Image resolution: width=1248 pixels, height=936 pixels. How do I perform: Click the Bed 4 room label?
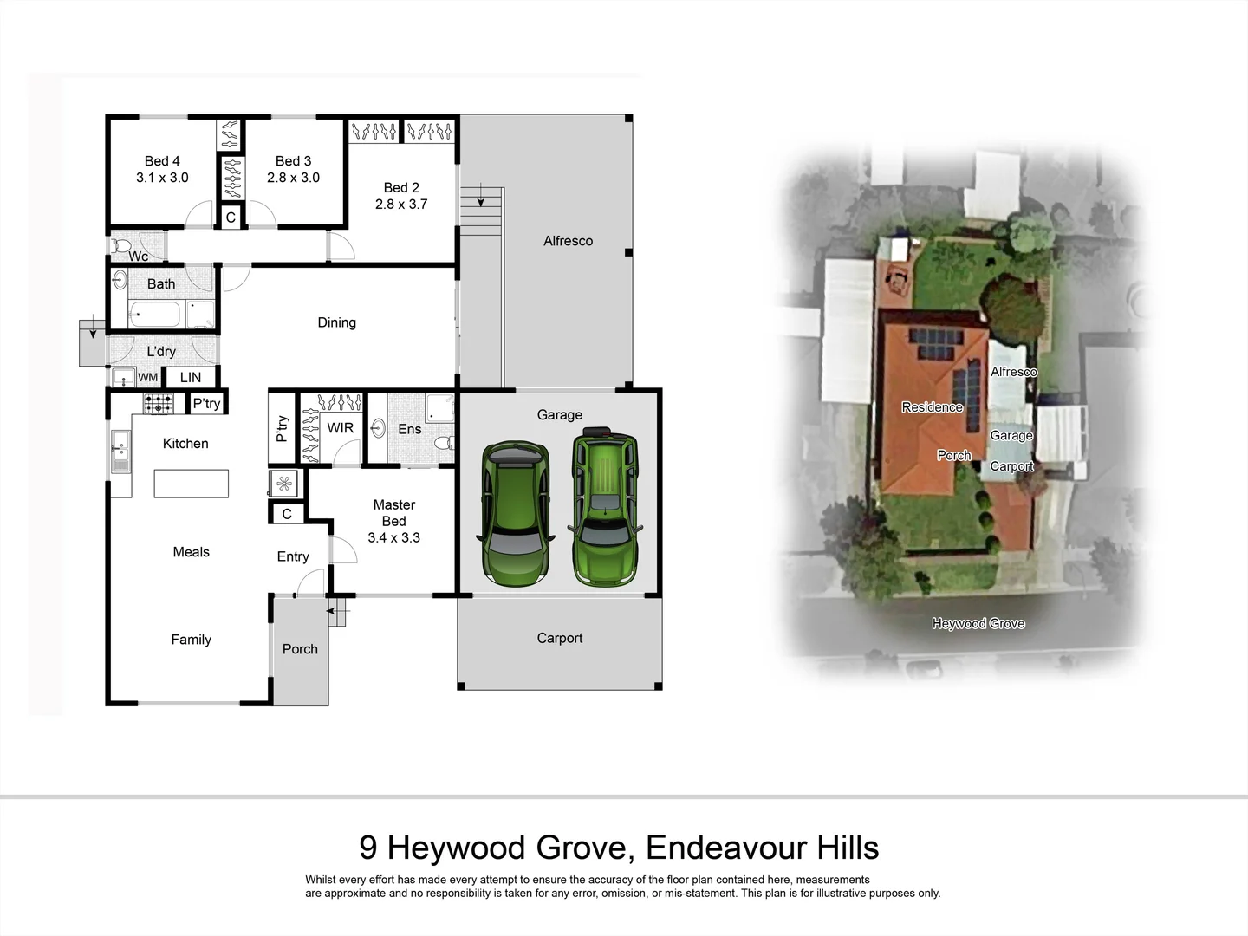point(162,161)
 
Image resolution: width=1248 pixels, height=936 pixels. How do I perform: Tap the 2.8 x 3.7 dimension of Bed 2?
point(401,205)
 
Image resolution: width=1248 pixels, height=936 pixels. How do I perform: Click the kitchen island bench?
point(192,484)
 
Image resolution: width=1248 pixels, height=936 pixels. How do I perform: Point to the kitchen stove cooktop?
point(159,403)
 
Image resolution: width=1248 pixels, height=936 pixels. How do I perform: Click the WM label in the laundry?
point(148,378)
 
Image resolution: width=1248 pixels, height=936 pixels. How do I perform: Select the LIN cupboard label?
point(191,378)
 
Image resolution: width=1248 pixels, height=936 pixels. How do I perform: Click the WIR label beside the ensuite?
point(340,428)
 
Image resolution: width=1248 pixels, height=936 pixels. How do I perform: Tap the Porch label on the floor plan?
point(300,649)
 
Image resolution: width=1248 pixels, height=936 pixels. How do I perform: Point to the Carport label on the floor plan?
point(559,638)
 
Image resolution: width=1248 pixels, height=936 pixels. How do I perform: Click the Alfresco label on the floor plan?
point(568,241)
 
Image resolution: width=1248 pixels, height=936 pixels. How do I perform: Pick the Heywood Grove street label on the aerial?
point(978,623)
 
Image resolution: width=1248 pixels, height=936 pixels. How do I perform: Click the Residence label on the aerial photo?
point(932,407)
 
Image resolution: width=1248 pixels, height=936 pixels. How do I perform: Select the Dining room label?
point(336,322)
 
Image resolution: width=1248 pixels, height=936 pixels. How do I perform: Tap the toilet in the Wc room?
point(120,246)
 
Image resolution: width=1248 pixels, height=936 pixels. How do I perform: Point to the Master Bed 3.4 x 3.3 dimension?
point(393,537)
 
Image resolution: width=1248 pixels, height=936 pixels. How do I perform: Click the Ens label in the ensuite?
point(409,429)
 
